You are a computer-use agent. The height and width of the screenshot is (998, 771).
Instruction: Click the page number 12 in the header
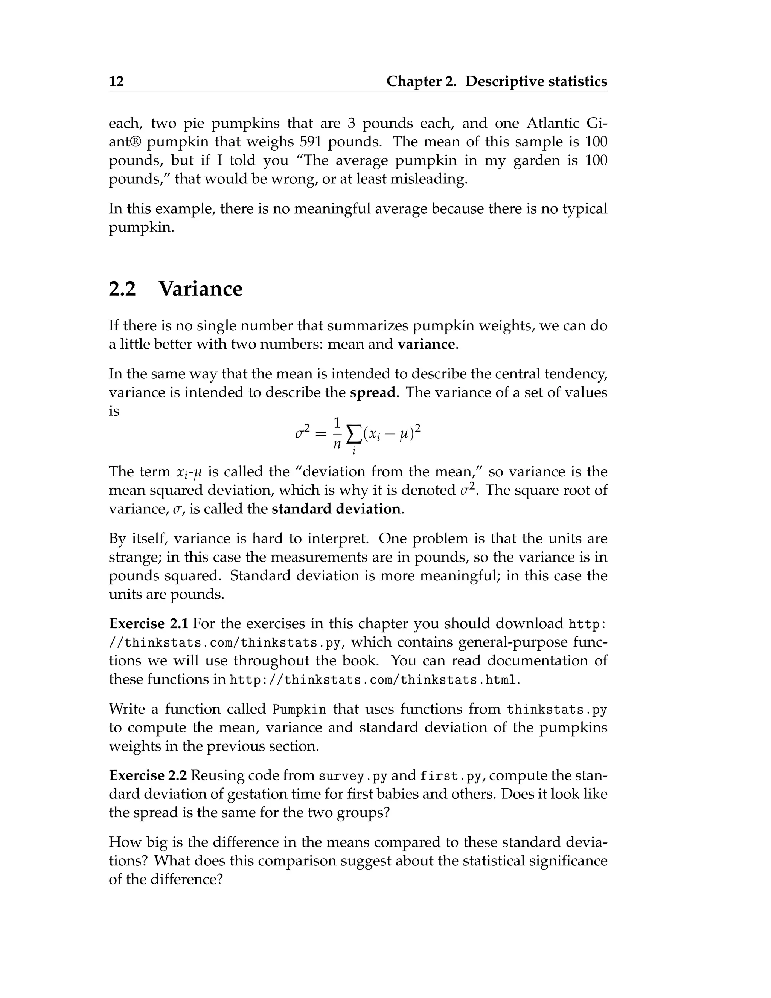(x=116, y=81)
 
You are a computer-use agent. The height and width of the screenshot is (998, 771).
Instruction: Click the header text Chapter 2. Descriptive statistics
(x=497, y=81)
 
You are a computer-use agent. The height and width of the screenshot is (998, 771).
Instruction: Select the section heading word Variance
(x=201, y=289)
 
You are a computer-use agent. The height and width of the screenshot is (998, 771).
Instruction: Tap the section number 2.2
(x=122, y=289)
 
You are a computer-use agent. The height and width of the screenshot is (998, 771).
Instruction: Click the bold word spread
(x=372, y=392)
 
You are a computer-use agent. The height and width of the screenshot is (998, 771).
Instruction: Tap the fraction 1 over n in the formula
(x=337, y=433)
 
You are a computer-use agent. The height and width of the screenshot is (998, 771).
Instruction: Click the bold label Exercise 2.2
(x=148, y=775)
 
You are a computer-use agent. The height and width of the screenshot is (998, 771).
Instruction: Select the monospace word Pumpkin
(x=299, y=710)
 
